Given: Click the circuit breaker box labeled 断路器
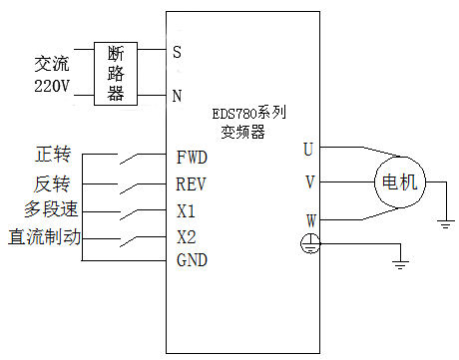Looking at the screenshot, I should pos(115,74).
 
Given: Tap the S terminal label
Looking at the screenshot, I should pos(177,51).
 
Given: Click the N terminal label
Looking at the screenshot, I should pos(177,97).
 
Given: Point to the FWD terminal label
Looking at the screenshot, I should pos(191,157).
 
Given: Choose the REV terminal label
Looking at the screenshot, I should pos(191,183).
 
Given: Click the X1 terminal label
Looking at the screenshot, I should pos(186,210).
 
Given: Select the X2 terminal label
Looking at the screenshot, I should pos(186,237).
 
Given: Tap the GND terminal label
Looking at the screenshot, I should pos(191,261).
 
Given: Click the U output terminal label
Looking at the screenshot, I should pos(309,149).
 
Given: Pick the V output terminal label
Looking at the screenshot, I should pos(309,182).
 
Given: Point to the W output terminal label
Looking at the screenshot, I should pos(309,219).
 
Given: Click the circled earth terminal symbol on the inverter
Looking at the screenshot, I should pos(310,242).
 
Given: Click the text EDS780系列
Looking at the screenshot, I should pos(252,116).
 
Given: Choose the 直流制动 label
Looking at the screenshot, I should pos(44,237).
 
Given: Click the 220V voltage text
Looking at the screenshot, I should pos(47,86).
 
